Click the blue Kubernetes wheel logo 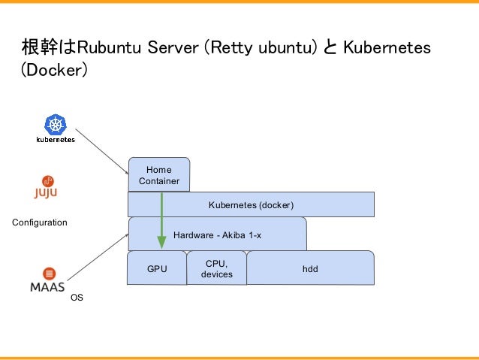(56, 124)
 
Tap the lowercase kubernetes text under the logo (56, 140)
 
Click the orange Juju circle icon (47, 181)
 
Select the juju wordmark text (46, 193)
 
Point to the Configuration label (40, 222)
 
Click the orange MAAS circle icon (49, 273)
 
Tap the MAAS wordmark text (47, 287)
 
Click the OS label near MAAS (77, 298)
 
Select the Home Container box (159, 174)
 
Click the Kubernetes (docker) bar (251, 204)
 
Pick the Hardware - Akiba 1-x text (217, 235)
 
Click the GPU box (157, 268)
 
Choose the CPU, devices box (216, 268)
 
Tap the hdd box (310, 268)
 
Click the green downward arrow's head (161, 242)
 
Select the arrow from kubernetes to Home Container (102, 151)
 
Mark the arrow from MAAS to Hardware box (98, 257)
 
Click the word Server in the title (173, 47)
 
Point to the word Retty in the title (231, 48)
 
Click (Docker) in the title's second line (54, 70)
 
